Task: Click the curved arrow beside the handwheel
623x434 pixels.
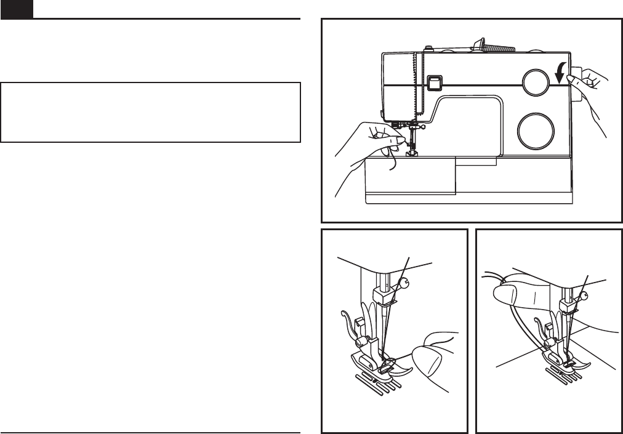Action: (x=560, y=75)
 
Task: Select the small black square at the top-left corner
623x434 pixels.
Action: (x=15, y=9)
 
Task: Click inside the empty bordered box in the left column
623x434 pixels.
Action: (x=150, y=113)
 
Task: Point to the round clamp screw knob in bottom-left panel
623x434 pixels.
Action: (x=404, y=283)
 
